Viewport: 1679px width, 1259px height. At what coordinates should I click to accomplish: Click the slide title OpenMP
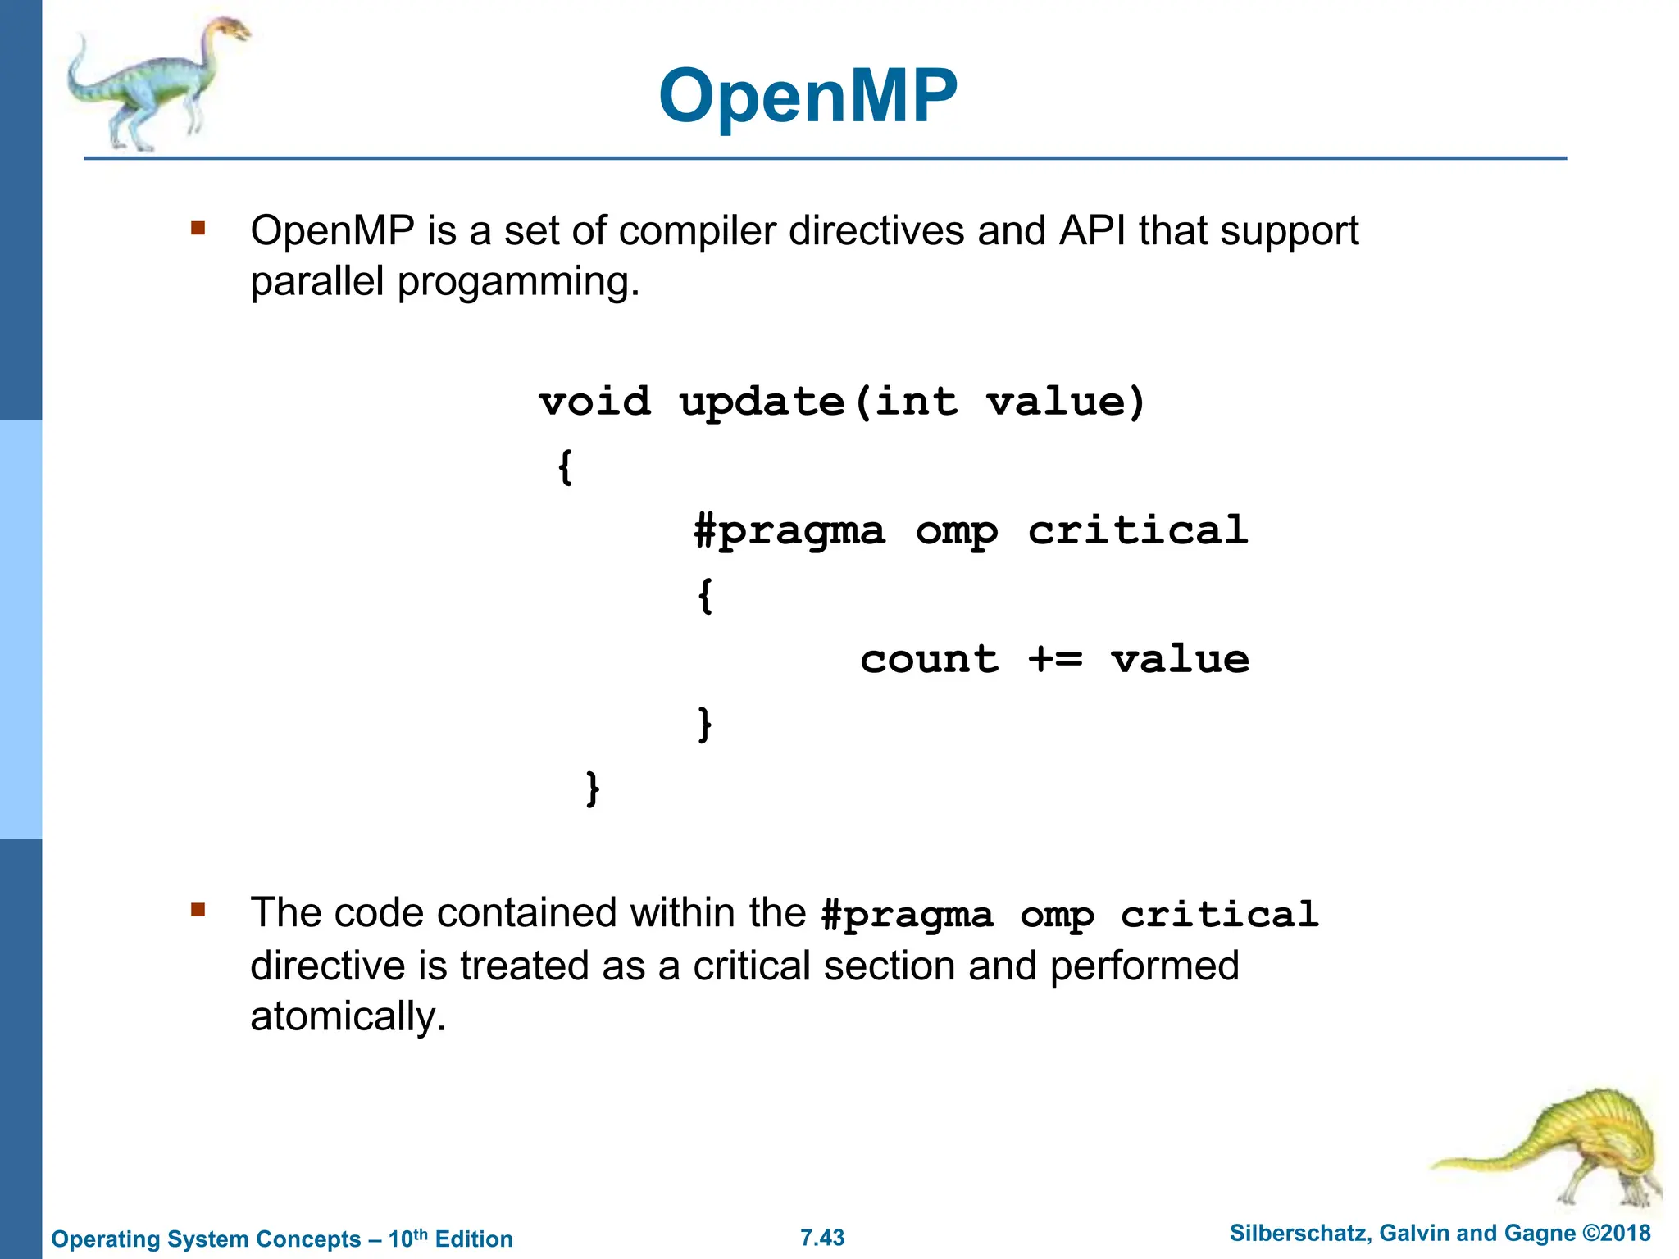[808, 97]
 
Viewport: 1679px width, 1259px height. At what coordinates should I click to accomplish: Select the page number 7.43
[822, 1237]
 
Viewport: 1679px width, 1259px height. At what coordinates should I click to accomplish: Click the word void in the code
[594, 402]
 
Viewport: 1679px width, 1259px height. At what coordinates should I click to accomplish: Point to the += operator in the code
[1055, 659]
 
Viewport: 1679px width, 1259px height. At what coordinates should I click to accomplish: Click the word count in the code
[929, 659]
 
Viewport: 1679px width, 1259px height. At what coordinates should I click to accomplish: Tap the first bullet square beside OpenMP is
[198, 228]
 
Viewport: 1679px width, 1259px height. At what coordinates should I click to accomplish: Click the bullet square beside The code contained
[198, 910]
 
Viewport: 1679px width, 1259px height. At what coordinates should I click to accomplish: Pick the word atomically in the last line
[348, 1017]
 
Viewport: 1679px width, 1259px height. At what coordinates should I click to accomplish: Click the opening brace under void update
[565, 467]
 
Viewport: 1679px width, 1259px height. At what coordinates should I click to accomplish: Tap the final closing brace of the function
[593, 789]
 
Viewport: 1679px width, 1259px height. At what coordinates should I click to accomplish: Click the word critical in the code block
[1138, 530]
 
